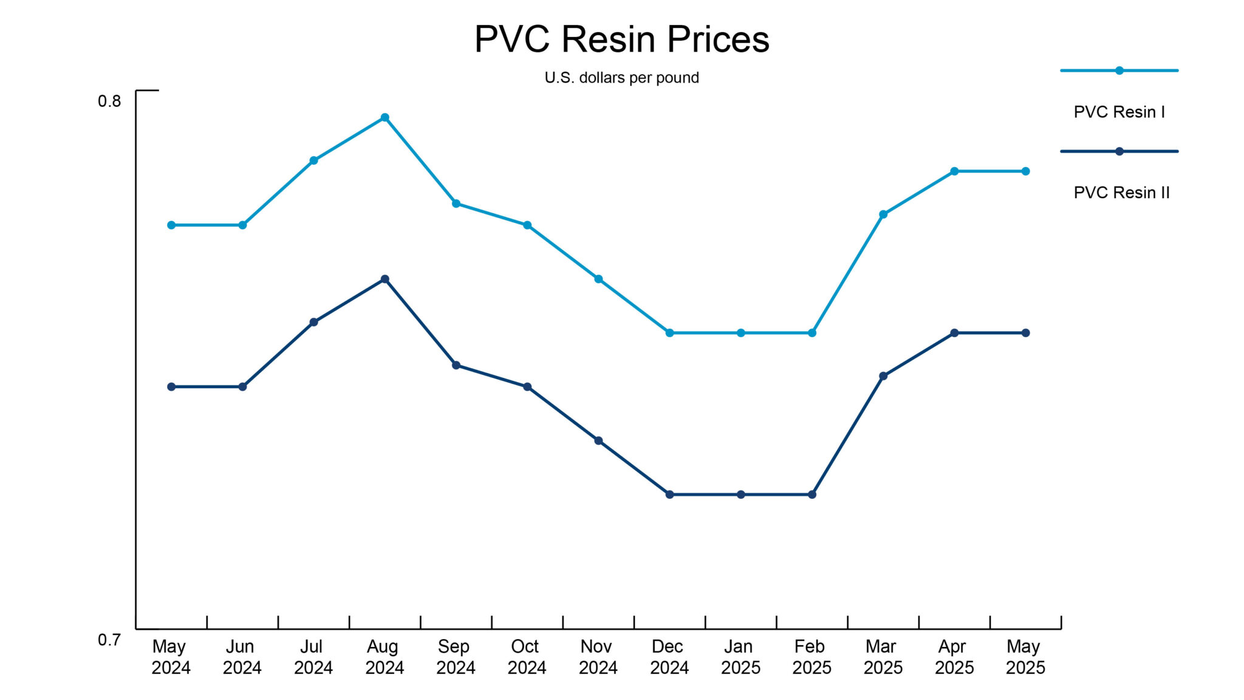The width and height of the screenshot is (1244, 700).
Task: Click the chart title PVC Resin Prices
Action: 621,39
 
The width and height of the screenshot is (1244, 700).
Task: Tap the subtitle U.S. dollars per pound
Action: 621,78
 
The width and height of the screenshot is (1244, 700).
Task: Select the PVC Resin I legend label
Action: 1119,112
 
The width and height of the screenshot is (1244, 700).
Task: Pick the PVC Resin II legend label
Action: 1121,193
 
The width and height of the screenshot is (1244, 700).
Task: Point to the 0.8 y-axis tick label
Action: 109,101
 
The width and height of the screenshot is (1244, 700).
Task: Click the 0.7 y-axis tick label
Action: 109,639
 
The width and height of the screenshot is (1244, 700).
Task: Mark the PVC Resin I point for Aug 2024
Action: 384,117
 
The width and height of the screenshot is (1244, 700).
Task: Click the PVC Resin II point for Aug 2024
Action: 384,279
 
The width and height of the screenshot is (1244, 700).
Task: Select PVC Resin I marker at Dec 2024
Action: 669,333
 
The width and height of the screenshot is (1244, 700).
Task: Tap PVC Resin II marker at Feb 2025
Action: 812,495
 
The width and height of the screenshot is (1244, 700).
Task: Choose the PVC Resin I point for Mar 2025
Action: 883,214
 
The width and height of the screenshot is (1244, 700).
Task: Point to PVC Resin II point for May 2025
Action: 1025,333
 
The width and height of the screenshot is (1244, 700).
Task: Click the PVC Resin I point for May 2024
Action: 171,225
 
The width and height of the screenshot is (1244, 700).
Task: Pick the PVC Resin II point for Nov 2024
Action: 598,441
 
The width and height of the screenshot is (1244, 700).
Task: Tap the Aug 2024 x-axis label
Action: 384,657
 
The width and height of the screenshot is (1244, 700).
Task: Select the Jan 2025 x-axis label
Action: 740,657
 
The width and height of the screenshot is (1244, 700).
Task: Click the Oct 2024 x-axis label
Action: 527,657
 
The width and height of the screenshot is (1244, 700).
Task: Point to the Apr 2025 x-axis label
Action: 954,657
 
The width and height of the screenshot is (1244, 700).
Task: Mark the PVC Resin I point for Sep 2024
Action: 456,204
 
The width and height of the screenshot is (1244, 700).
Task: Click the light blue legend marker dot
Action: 1119,70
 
